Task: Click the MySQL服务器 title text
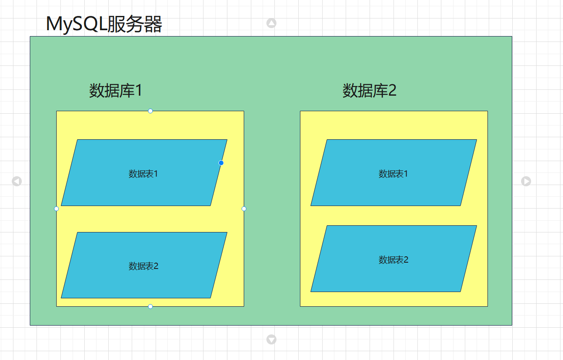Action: [x=104, y=24]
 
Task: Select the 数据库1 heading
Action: [x=116, y=90]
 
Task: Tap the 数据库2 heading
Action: [x=369, y=90]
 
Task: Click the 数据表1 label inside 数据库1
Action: [x=143, y=174]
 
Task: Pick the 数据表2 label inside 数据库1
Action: [x=143, y=266]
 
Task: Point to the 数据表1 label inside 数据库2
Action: [x=393, y=174]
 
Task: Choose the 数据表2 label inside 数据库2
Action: [x=393, y=260]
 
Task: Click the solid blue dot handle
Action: [x=221, y=163]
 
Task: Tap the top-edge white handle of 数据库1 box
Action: [x=150, y=111]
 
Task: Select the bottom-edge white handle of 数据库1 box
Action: [x=150, y=306]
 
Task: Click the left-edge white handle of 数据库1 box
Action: [x=57, y=209]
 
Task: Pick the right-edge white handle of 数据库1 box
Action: [x=244, y=209]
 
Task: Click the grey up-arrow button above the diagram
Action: [x=271, y=23]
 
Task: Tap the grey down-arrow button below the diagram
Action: [x=271, y=339]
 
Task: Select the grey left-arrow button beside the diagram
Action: [x=17, y=181]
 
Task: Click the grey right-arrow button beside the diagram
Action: [x=526, y=181]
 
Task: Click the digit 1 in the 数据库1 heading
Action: [x=138, y=90]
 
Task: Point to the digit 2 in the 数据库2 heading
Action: [x=392, y=90]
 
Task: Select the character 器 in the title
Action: [x=153, y=24]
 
